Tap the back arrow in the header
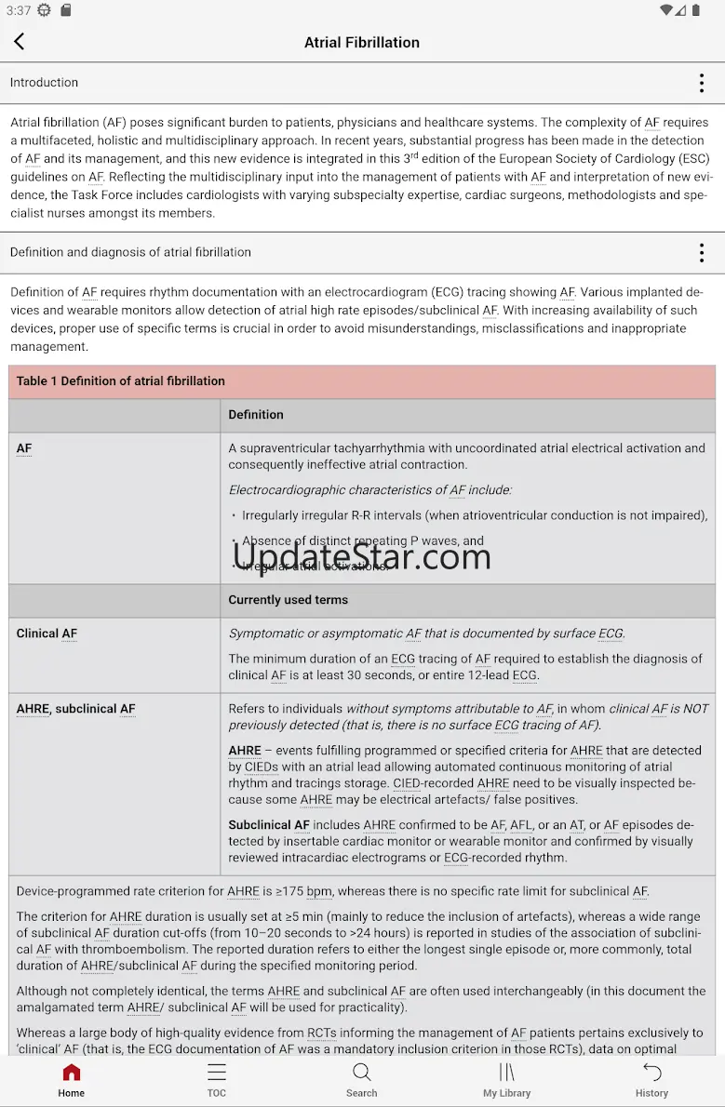pos(20,42)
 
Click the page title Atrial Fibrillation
pos(362,43)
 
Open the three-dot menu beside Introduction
pos(702,83)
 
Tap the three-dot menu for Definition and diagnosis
pos(702,252)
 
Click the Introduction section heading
pos(45,83)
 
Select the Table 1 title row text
pos(121,381)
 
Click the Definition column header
pos(256,415)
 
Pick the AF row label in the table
pos(24,448)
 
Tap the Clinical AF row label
pos(47,634)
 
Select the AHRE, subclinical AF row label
pos(76,709)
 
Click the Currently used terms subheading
pos(289,600)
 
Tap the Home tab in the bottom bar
pos(72,1080)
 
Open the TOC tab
pos(217,1080)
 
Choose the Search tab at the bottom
pos(362,1080)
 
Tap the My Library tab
pos(506,1080)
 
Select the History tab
pos(651,1080)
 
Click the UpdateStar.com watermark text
pos(362,556)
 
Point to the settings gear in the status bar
pos(45,10)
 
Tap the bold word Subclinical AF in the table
pos(269,825)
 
